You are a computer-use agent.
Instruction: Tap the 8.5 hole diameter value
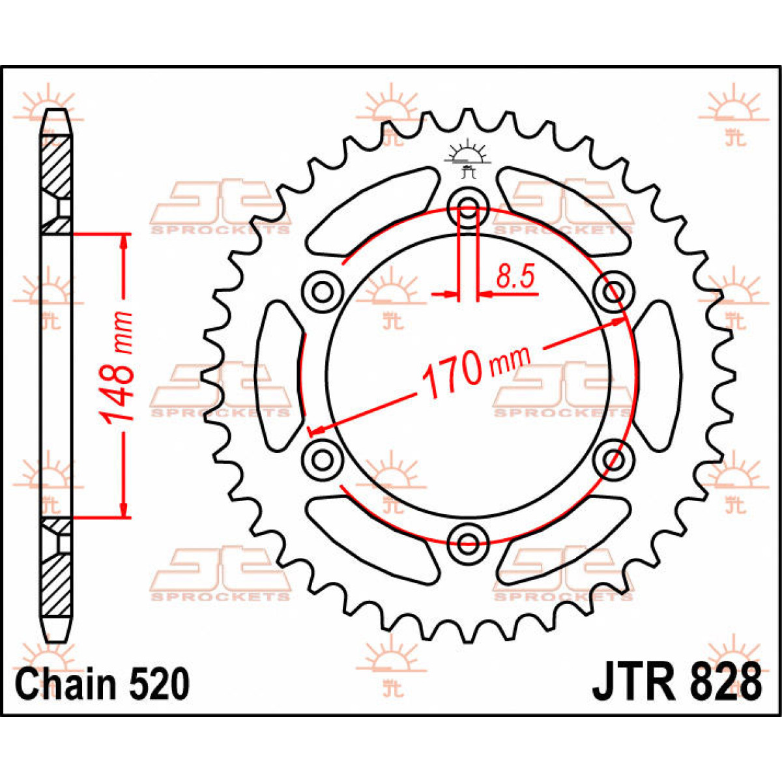(x=515, y=278)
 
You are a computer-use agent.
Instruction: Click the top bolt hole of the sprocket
(x=468, y=204)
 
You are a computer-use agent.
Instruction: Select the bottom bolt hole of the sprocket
(x=468, y=540)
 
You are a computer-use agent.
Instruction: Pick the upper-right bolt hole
(x=614, y=289)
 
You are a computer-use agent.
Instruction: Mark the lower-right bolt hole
(x=614, y=459)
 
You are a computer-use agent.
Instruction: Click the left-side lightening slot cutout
(x=280, y=375)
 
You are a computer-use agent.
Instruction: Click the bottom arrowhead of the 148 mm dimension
(x=123, y=508)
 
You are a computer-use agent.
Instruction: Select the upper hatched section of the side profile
(x=56, y=163)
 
